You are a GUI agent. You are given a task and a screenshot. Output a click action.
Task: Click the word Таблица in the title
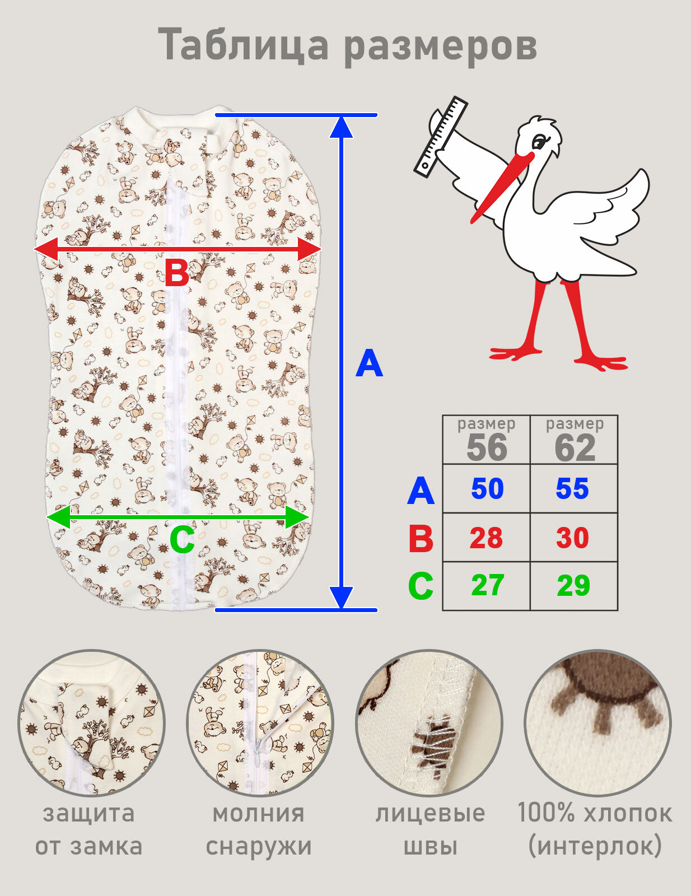pos(244,45)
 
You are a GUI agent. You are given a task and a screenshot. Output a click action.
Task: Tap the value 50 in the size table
pos(487,489)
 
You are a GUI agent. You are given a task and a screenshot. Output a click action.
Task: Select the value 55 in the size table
pos(572,489)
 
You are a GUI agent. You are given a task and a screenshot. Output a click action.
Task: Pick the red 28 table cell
pos(487,538)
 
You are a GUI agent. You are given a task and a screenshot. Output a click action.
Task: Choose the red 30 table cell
pos(572,538)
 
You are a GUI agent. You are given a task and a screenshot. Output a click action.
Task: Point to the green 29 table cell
pos(573,586)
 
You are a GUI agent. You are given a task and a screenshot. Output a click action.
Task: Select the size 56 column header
pos(487,440)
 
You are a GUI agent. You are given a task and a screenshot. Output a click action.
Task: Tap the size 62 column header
pos(575,440)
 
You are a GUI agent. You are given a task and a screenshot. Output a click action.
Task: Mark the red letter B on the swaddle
pos(176,272)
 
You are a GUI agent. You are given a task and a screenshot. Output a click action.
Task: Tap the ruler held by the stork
pos(440,137)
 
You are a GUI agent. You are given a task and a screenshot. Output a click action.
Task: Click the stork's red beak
pos(502,187)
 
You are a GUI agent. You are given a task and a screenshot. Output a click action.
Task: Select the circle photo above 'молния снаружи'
pos(260,723)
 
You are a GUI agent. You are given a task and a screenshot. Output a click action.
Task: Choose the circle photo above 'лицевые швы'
pos(429,723)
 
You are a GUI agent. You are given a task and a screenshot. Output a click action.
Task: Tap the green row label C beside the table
pos(421,586)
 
